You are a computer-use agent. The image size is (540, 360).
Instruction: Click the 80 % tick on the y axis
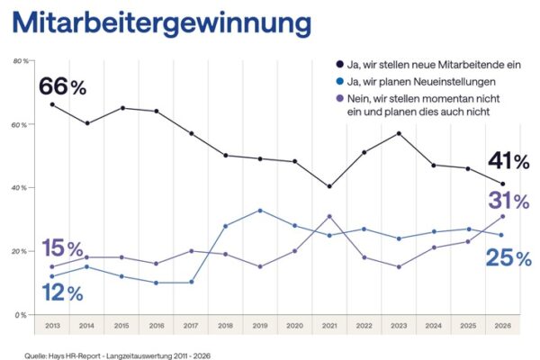(18, 60)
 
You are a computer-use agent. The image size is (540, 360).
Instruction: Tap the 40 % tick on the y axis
(18, 187)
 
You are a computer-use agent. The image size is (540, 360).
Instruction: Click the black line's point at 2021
(329, 186)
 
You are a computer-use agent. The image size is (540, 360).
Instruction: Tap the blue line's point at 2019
(260, 210)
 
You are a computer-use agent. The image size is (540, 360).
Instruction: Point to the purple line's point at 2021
(329, 216)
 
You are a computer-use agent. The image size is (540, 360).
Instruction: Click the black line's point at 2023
(399, 133)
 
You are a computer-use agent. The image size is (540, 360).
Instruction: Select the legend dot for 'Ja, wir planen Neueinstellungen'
(339, 81)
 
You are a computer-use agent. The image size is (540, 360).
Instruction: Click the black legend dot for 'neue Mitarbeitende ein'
(339, 65)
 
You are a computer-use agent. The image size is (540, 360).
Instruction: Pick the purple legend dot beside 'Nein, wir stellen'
(339, 97)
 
